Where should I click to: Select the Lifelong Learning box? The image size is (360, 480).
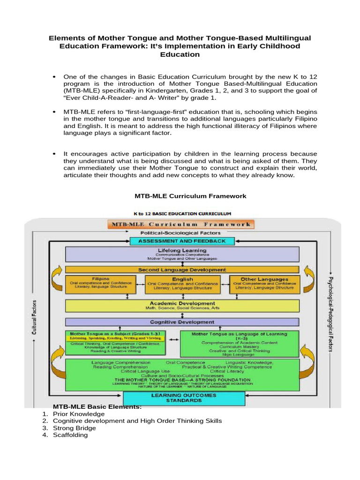(182, 254)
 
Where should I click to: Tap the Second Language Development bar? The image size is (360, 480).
(182, 270)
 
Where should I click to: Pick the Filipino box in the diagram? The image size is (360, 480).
(101, 285)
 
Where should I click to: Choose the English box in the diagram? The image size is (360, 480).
(182, 285)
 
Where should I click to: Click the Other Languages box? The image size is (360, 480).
(264, 285)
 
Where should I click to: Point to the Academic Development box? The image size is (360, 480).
(182, 306)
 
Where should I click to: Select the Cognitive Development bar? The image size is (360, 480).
(182, 322)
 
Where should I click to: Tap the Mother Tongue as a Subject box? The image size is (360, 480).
(115, 343)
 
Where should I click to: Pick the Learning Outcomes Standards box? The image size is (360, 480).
(184, 398)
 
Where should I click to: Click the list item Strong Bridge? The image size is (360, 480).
(75, 428)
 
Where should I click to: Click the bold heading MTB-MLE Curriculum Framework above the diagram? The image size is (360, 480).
(184, 196)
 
